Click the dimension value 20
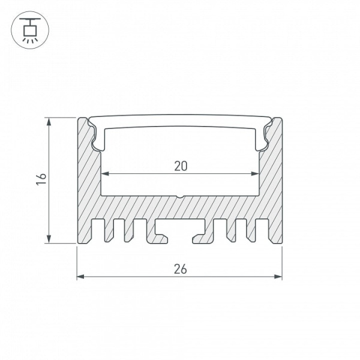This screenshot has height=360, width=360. click(181, 166)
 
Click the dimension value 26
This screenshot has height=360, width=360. click(180, 269)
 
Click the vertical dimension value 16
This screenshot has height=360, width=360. click(41, 179)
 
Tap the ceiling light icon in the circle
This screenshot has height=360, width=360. click(30, 30)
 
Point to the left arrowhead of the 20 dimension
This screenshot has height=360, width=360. click(104, 173)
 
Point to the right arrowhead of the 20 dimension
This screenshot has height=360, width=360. click(256, 173)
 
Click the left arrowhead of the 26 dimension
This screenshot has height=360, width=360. click(80, 277)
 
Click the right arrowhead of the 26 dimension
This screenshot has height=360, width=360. click(278, 277)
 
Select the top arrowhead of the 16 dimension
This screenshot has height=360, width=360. click(49, 121)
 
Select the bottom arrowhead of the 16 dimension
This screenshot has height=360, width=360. click(49, 239)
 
